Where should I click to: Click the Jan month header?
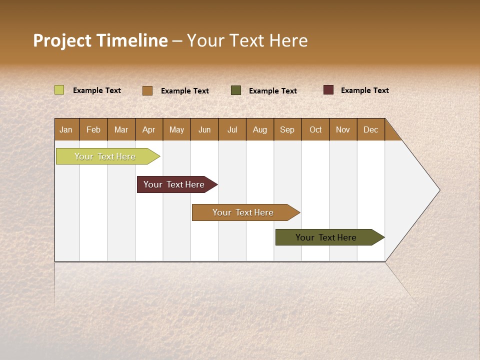coord(66,129)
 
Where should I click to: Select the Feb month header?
coord(93,129)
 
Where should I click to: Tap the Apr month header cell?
coord(149,129)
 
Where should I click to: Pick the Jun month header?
coord(204,129)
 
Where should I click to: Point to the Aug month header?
coord(260,129)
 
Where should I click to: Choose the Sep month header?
coord(287,129)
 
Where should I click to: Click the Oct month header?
coord(315,129)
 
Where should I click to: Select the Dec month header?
coord(371,129)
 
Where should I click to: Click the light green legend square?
coord(59,90)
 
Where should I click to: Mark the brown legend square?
coord(147,90)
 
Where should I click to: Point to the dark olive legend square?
coord(236,90)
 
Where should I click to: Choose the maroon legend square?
coord(328,90)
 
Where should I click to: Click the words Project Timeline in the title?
coord(100,40)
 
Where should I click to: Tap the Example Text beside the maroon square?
coord(365,90)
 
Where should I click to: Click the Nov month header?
coord(343,129)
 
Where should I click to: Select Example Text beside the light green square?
coord(97,90)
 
